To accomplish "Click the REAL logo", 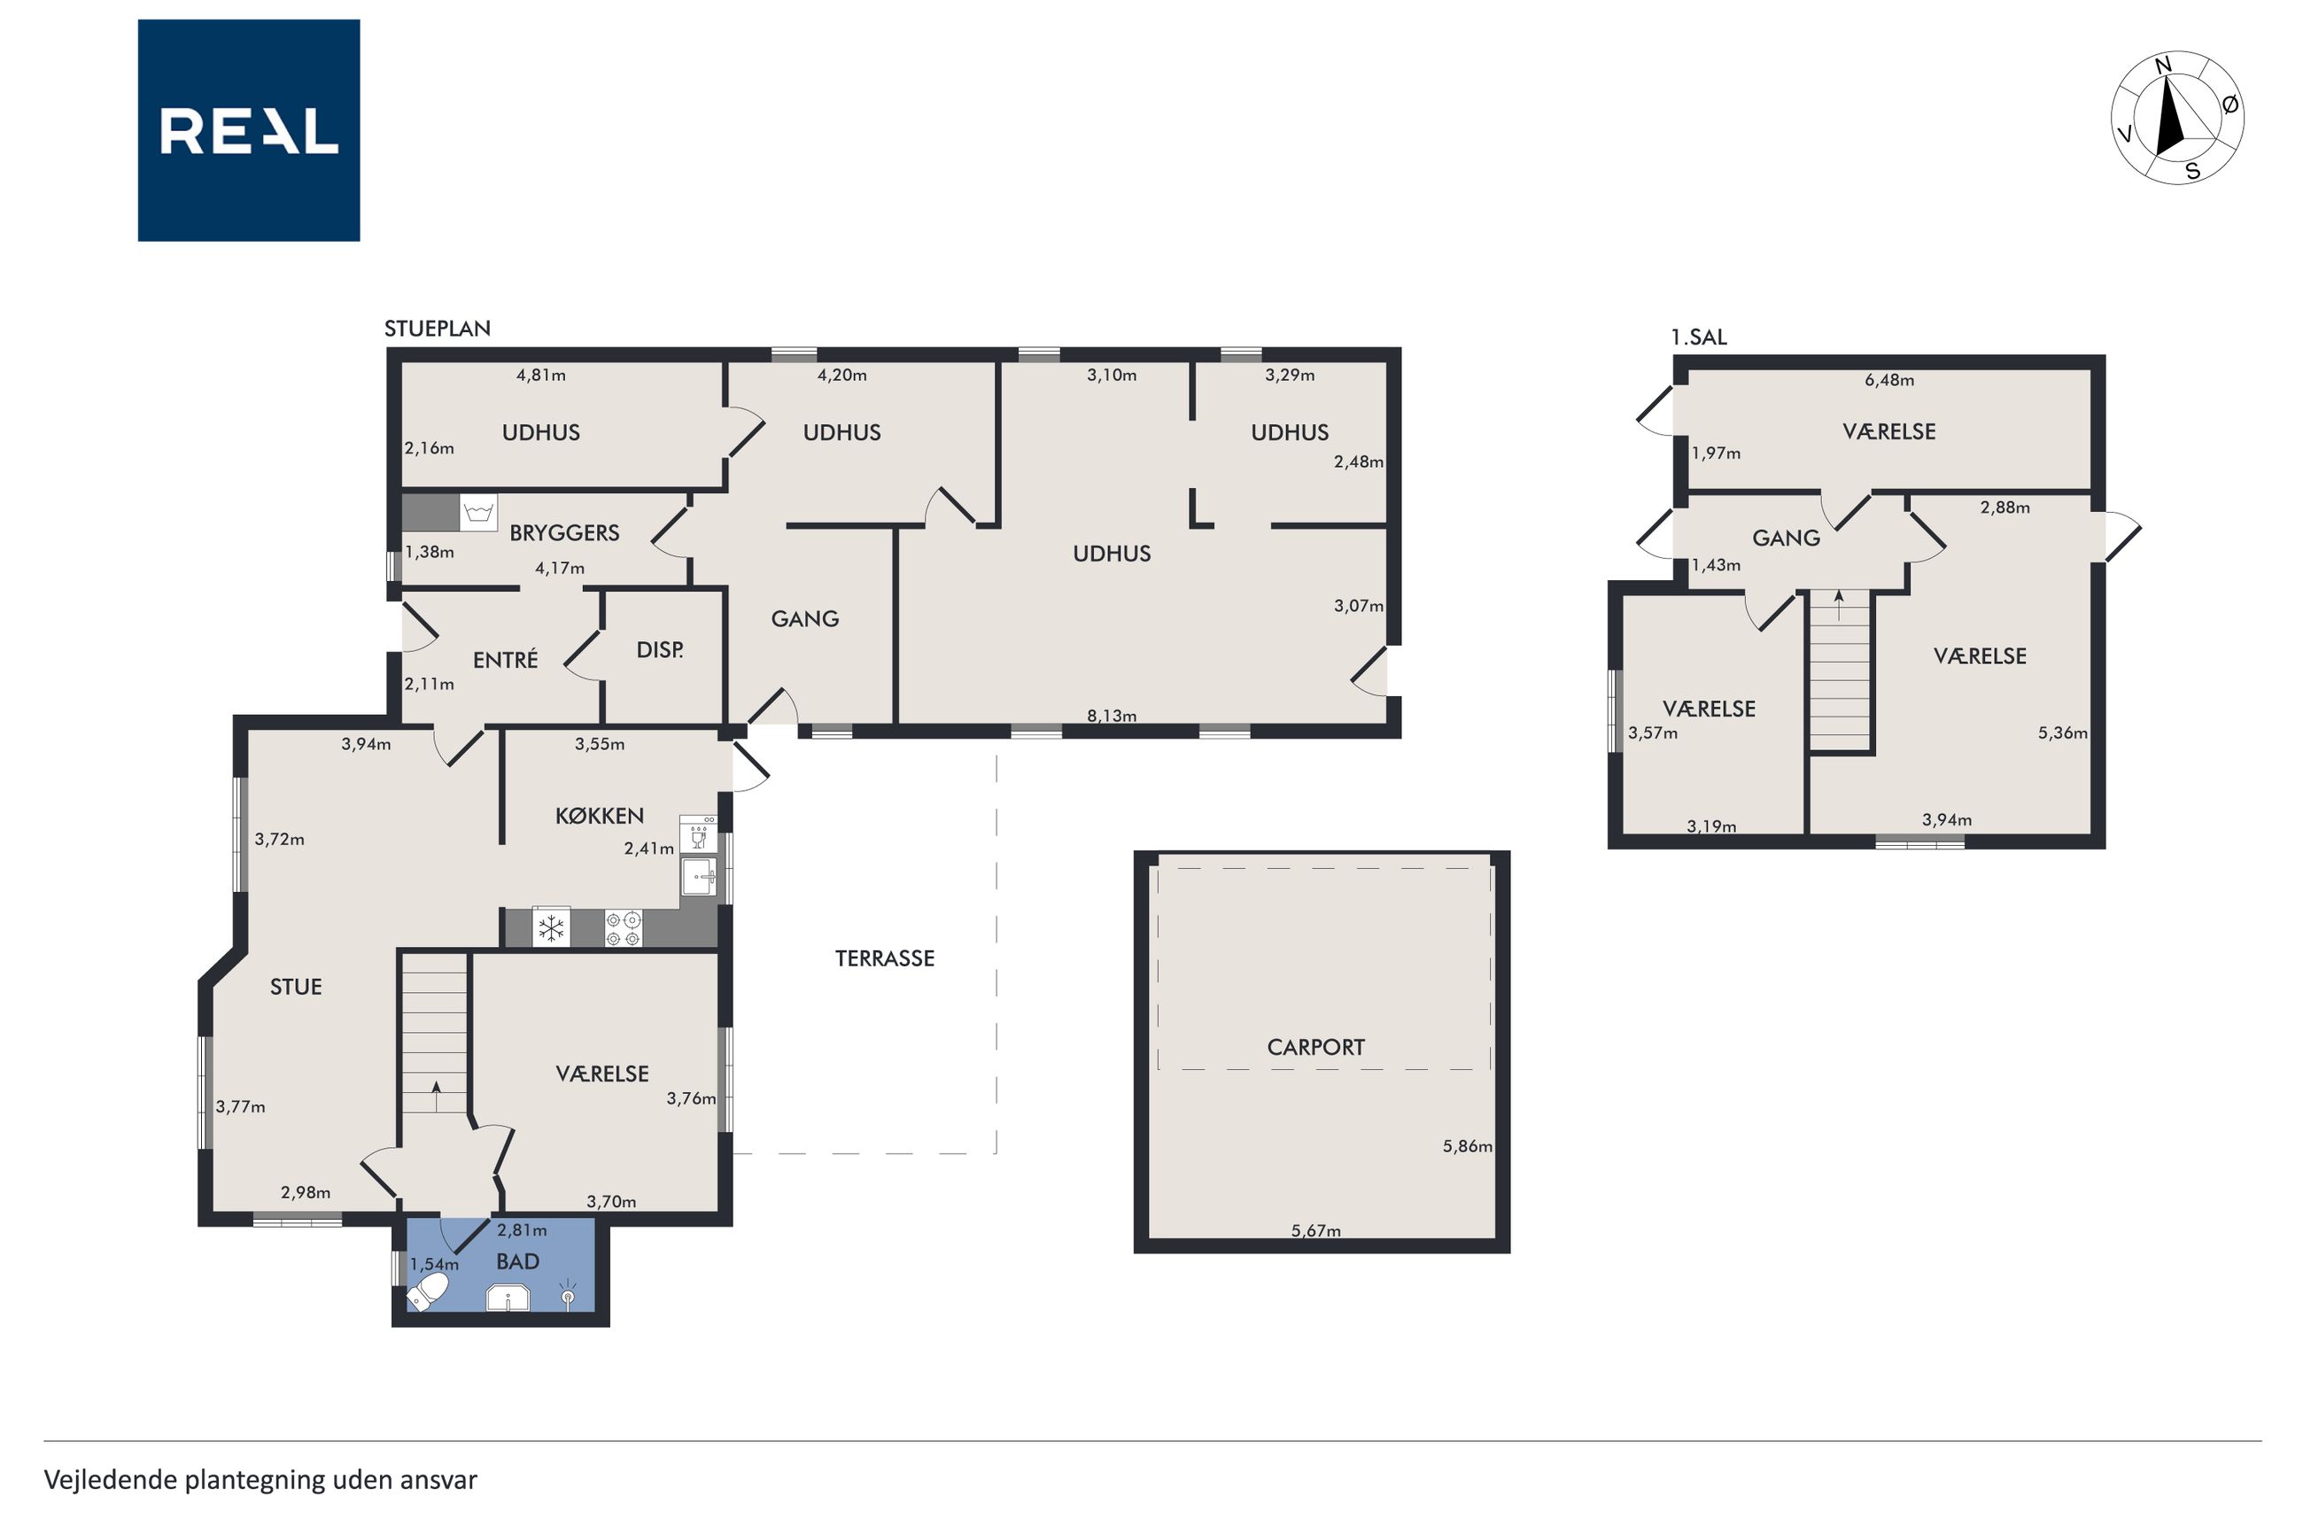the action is click(249, 130).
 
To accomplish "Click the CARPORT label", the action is click(1315, 1048).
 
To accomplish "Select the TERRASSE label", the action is click(885, 958).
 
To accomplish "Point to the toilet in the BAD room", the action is click(428, 1291).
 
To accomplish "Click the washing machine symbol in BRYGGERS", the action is click(478, 512).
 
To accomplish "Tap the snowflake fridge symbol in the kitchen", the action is click(552, 927).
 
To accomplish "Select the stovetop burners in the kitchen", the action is click(624, 927).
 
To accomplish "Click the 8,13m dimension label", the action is click(1112, 716).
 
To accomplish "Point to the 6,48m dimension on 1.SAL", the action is click(1889, 380).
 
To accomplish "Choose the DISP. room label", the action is click(660, 649).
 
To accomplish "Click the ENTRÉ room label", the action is click(505, 660).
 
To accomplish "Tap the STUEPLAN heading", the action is click(438, 329).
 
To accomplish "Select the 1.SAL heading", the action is click(1698, 337).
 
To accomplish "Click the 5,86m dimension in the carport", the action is click(1467, 1146).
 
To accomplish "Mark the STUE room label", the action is click(296, 987).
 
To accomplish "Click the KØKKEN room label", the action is click(599, 816).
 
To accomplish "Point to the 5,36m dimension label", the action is click(2062, 733).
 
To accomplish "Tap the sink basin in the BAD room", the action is click(508, 1299).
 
